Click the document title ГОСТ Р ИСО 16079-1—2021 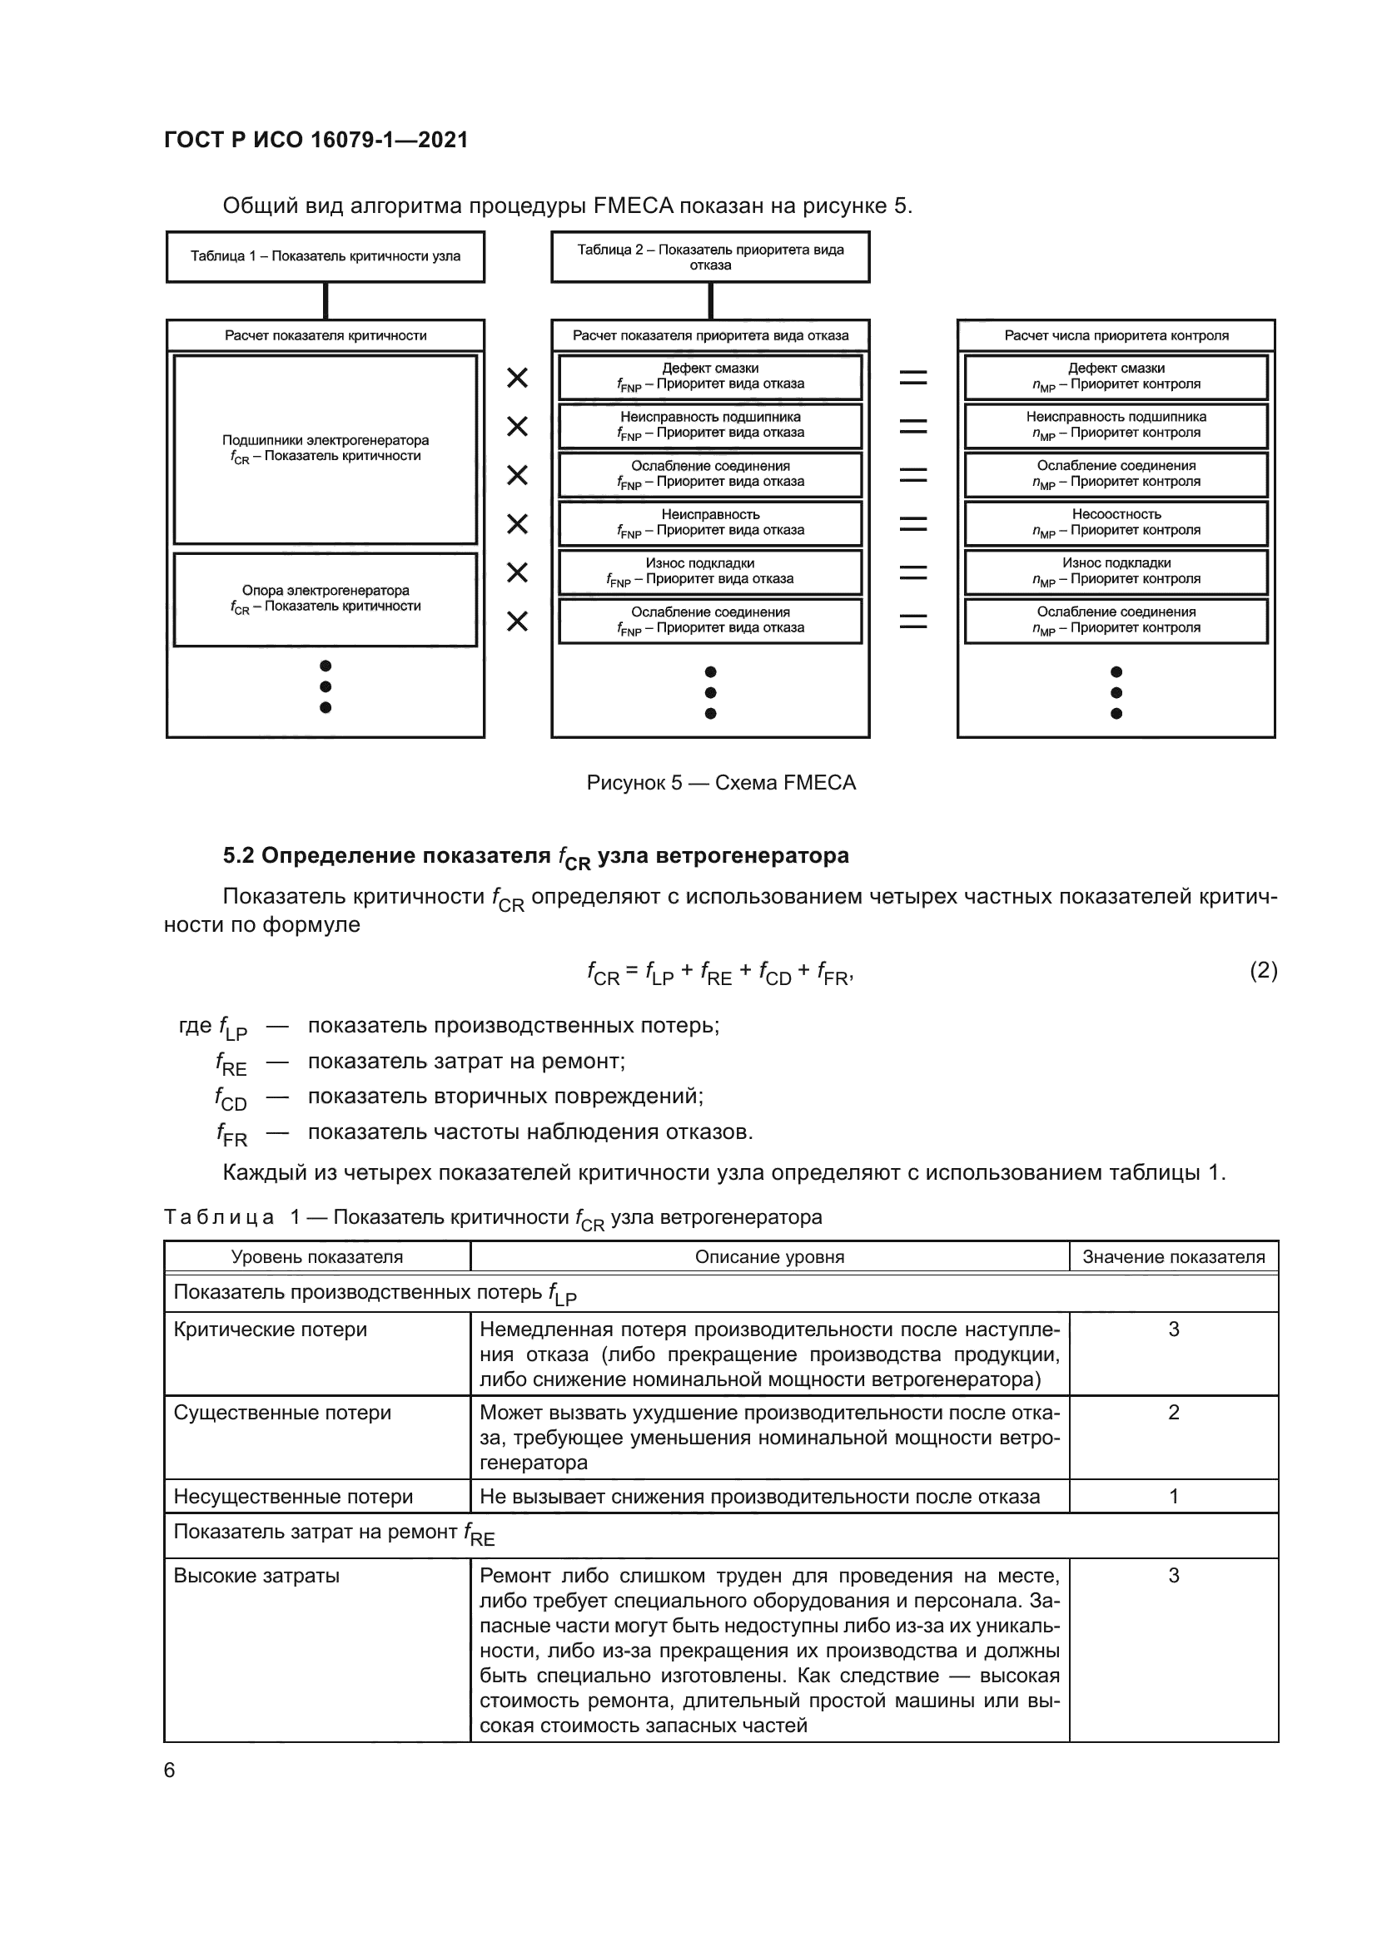[x=316, y=140]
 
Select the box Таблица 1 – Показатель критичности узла [x=326, y=257]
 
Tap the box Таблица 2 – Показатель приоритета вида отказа [x=709, y=257]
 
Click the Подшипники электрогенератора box [x=326, y=448]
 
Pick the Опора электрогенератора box [x=326, y=598]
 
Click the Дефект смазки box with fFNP [x=709, y=376]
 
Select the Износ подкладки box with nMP [x=1116, y=572]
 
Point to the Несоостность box [x=1116, y=522]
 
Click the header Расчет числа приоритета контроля [x=1116, y=335]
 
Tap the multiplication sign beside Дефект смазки [x=517, y=378]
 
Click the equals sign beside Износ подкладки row [x=913, y=573]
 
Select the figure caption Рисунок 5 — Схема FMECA [x=721, y=782]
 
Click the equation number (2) [x=1263, y=970]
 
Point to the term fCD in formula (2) [x=774, y=974]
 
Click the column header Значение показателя [x=1174, y=1257]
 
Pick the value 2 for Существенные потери [x=1174, y=1413]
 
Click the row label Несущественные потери [x=293, y=1497]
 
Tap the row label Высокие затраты [x=257, y=1576]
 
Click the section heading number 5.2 [x=238, y=856]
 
